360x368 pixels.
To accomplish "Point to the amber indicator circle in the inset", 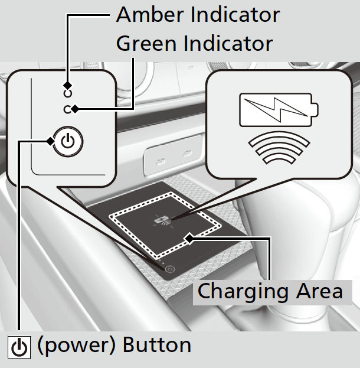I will coord(68,93).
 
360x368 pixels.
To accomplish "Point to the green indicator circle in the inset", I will coord(68,109).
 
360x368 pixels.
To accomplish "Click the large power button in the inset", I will coord(68,142).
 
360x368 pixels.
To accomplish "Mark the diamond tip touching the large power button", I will coord(50,141).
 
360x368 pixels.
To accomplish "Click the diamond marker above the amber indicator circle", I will coord(68,84).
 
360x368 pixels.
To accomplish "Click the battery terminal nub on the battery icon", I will coord(315,109).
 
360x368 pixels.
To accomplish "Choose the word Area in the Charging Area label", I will coord(317,291).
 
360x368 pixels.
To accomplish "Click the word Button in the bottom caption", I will coord(156,345).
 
